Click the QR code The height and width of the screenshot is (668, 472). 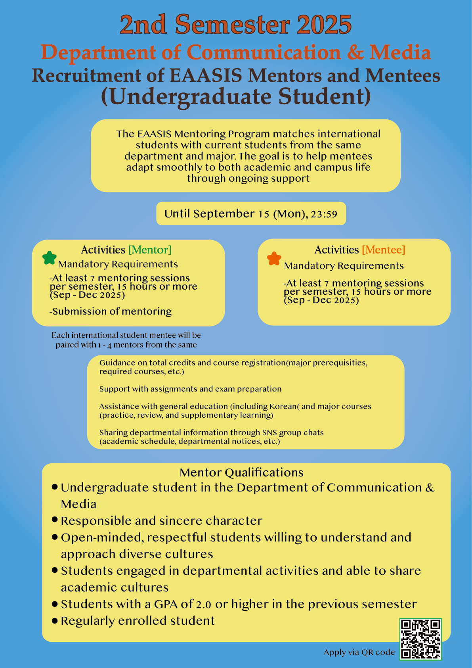[x=420, y=639]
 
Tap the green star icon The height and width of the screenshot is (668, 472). [x=49, y=258]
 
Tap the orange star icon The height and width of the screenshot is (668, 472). [x=274, y=259]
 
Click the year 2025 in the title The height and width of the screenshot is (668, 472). [x=324, y=25]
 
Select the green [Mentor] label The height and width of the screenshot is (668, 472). [x=150, y=250]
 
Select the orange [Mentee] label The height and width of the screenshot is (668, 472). [x=383, y=250]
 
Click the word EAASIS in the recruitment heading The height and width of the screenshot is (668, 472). [x=206, y=75]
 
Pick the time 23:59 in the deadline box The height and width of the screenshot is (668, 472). [x=324, y=214]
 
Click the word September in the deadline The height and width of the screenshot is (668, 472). [x=224, y=214]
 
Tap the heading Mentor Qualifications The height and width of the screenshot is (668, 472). [x=241, y=472]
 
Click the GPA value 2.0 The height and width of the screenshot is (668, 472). [x=204, y=604]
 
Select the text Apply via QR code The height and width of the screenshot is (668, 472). [x=359, y=652]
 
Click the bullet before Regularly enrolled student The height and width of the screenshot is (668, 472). [x=55, y=621]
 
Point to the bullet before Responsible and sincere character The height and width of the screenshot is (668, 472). [x=55, y=520]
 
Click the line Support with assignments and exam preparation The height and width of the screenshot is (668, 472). [x=190, y=389]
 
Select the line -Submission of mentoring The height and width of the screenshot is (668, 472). [x=111, y=311]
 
